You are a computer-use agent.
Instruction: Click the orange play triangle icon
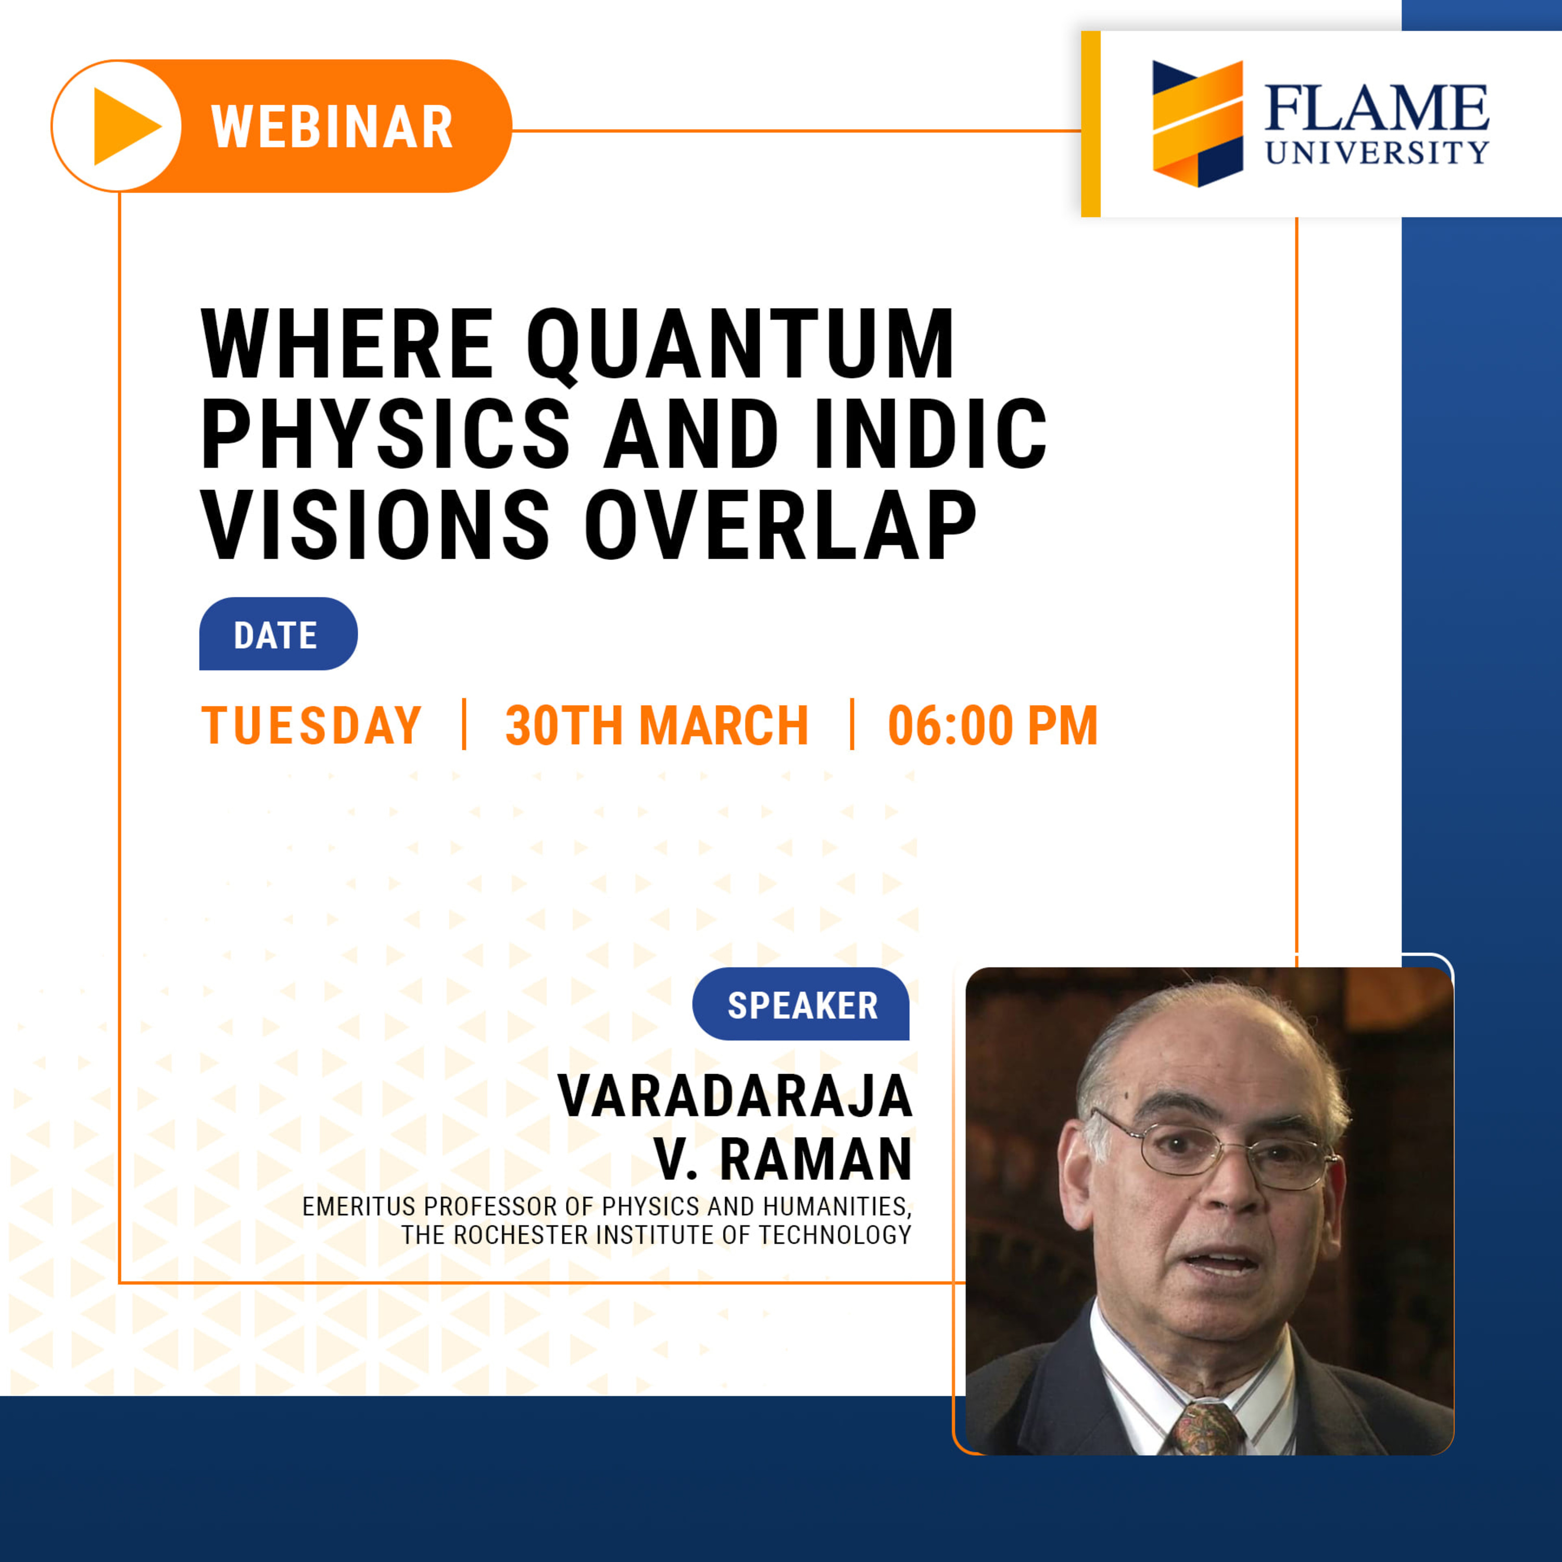125,126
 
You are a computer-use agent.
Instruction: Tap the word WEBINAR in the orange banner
332,127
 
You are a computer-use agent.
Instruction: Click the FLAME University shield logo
1198,124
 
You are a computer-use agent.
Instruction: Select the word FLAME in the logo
1376,108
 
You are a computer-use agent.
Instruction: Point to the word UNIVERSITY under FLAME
1377,152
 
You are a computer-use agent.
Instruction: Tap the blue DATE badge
278,634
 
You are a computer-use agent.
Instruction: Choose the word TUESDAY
311,725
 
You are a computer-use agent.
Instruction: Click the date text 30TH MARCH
657,725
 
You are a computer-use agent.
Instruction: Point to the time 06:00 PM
993,725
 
